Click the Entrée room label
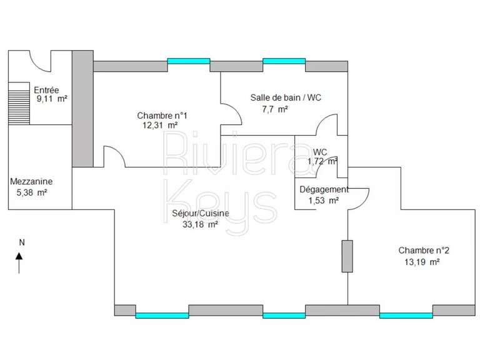click(46, 90)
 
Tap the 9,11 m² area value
click(52, 99)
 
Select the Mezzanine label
click(31, 182)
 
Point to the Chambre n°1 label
click(162, 116)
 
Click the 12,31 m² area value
click(160, 124)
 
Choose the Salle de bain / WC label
click(286, 97)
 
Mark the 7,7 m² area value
click(275, 109)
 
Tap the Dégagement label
click(324, 190)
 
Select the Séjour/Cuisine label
click(201, 214)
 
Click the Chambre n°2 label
click(424, 251)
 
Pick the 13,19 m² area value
click(422, 262)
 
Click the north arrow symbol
click(20, 262)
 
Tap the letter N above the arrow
click(21, 242)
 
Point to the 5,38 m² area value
click(31, 192)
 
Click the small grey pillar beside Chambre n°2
click(347, 256)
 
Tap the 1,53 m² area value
click(324, 200)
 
